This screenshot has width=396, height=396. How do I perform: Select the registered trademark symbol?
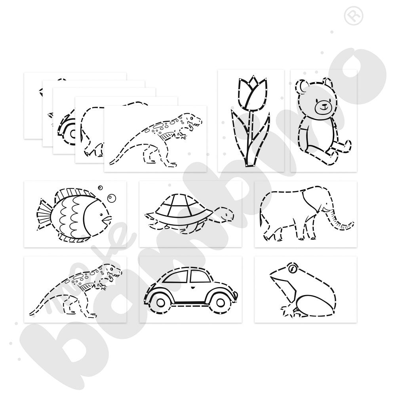pyautogui.click(x=354, y=16)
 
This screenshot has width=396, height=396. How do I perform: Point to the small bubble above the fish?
pyautogui.click(x=100, y=188)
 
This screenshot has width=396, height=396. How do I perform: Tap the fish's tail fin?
pyautogui.click(x=45, y=214)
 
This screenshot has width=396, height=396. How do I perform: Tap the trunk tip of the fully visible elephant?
pyautogui.click(x=352, y=224)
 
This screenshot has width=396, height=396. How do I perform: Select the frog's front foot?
pyautogui.click(x=288, y=311)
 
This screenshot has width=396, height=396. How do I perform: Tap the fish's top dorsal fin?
pyautogui.click(x=73, y=193)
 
